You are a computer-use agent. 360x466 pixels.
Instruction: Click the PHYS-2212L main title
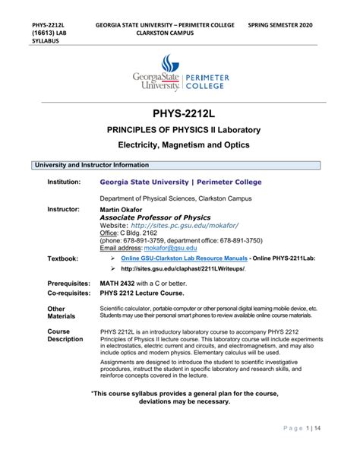179,113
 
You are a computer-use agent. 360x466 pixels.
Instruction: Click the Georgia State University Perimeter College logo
179,77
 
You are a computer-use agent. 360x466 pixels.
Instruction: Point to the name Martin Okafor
128,208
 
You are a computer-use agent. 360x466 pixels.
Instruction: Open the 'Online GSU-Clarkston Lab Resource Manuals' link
185,258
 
